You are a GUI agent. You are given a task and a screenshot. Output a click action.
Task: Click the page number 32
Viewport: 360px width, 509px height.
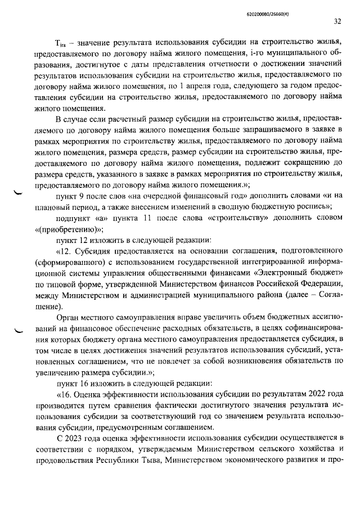tap(337, 22)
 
